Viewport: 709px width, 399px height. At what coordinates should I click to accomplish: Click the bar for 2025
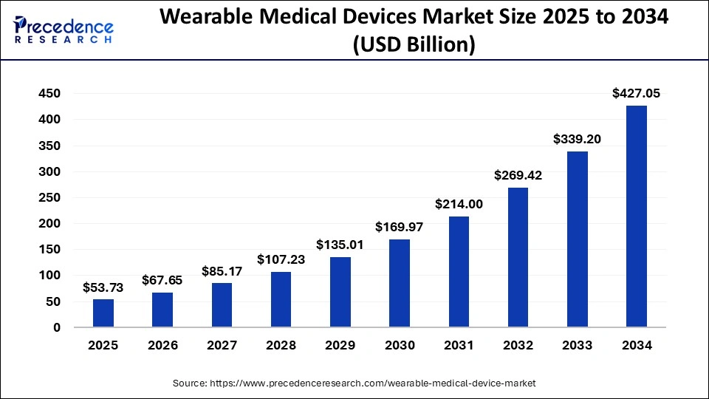pyautogui.click(x=103, y=313)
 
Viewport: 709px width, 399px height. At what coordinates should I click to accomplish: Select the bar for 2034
pyautogui.click(x=636, y=216)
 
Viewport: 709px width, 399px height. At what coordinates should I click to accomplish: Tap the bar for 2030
pyautogui.click(x=400, y=283)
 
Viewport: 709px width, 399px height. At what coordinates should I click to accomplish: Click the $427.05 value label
pyautogui.click(x=636, y=93)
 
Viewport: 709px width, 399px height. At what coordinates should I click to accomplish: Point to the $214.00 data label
pyautogui.click(x=459, y=204)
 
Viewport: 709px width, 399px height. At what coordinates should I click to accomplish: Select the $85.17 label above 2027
pyautogui.click(x=222, y=271)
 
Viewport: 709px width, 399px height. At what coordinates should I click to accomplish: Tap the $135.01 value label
pyautogui.click(x=340, y=245)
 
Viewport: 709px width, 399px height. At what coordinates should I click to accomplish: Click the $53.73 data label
pyautogui.click(x=103, y=287)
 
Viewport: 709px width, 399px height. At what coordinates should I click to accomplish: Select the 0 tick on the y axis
pyautogui.click(x=56, y=327)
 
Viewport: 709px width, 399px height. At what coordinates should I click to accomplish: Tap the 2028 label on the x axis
pyautogui.click(x=281, y=345)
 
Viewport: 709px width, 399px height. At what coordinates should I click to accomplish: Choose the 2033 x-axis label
pyautogui.click(x=577, y=345)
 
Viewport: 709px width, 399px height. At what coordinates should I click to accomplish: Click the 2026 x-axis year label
pyautogui.click(x=162, y=345)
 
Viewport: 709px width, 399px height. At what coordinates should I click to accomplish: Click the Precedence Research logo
pyautogui.click(x=64, y=30)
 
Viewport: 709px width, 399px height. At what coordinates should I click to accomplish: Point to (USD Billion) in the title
pyautogui.click(x=414, y=46)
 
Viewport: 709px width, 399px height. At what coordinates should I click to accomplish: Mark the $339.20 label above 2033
pyautogui.click(x=577, y=139)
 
